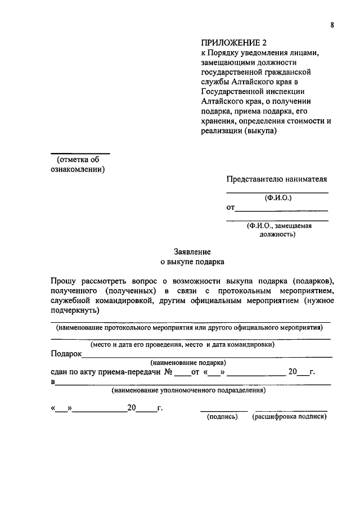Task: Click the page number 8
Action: [332, 24]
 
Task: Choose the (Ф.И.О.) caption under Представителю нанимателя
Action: [278, 198]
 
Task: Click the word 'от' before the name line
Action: [231, 208]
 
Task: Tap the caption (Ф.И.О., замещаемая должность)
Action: [278, 230]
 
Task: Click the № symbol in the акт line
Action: [168, 372]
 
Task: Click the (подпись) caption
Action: [223, 417]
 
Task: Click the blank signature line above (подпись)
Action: [224, 411]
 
